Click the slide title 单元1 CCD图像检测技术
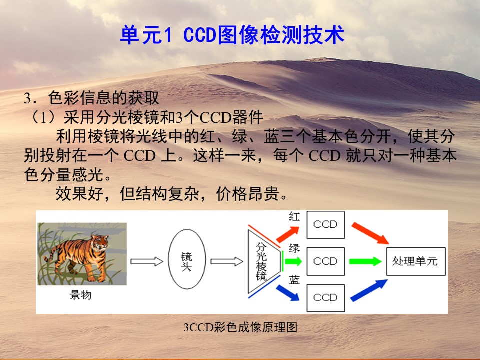click(232, 35)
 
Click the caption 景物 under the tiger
click(80, 295)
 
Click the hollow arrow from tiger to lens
click(147, 261)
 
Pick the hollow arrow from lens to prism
click(227, 261)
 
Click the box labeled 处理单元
click(416, 261)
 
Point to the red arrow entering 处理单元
click(370, 233)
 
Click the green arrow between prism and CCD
click(293, 261)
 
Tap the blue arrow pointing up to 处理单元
click(369, 290)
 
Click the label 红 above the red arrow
click(294, 216)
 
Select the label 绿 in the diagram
click(294, 248)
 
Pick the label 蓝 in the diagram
click(294, 280)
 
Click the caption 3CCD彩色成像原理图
click(240, 327)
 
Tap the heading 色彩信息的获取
click(104, 98)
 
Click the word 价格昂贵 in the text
click(248, 194)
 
